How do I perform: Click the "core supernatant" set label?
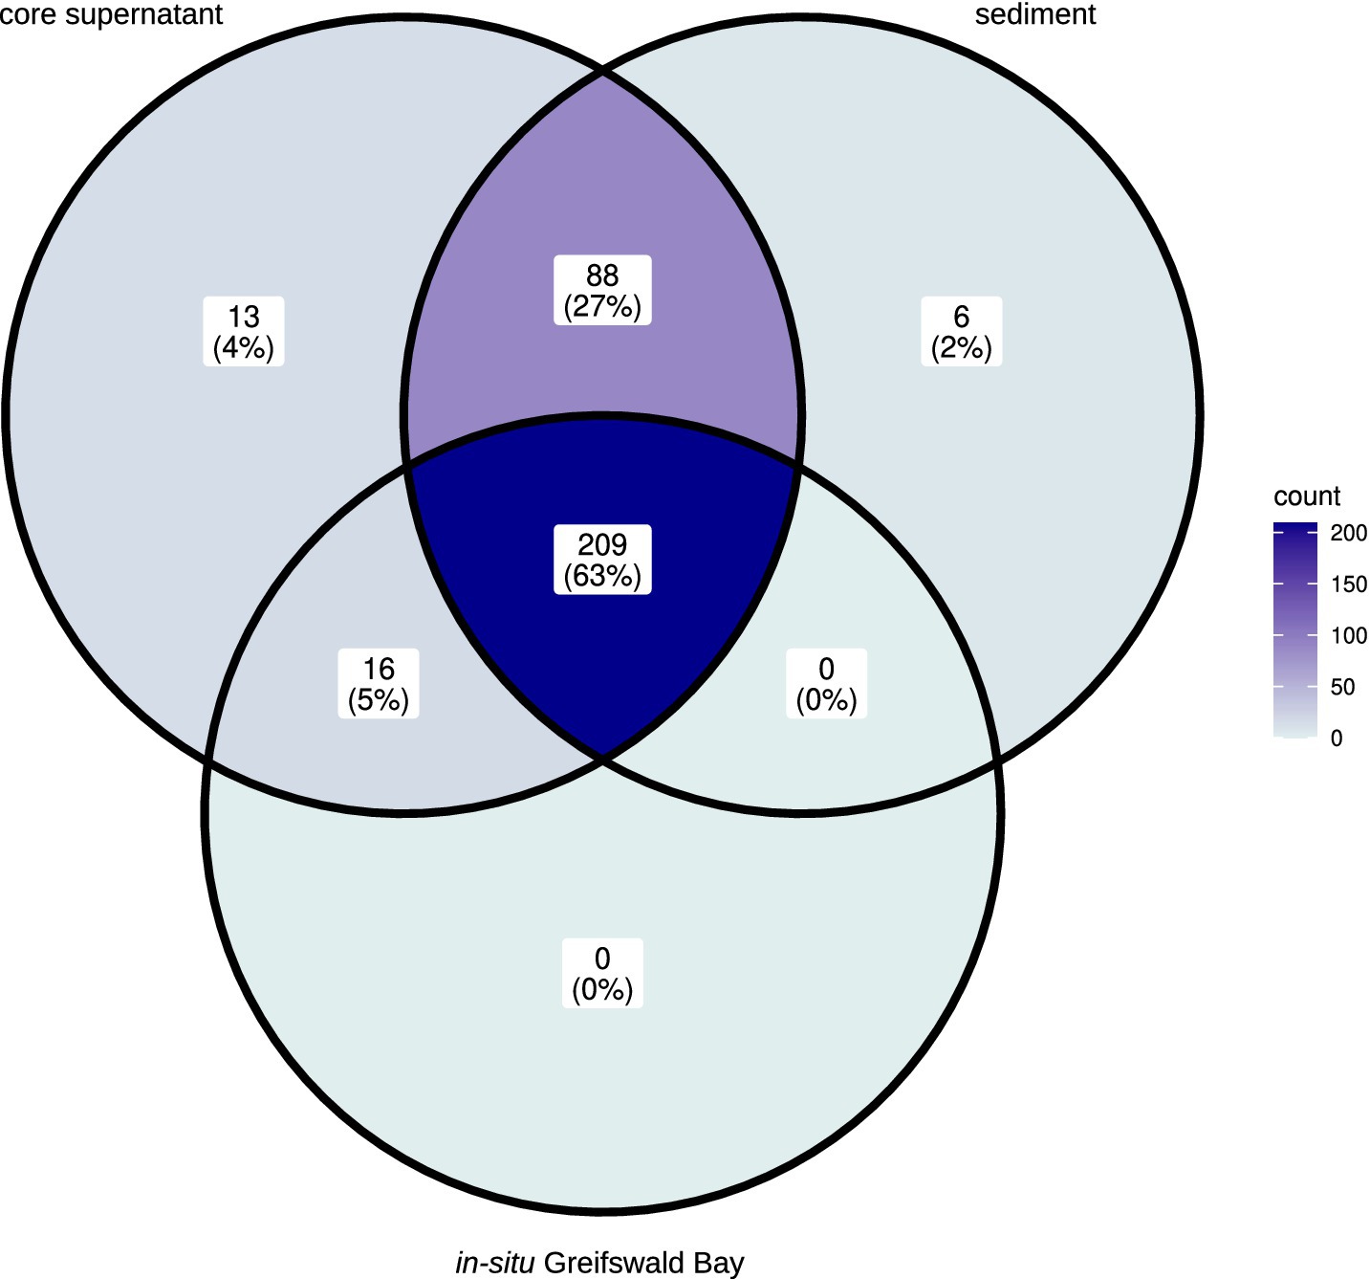tap(111, 14)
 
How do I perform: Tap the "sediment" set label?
tap(1035, 14)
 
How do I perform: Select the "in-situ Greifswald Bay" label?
tap(599, 1263)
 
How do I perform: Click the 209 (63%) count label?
tap(602, 560)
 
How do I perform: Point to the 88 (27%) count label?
tap(602, 291)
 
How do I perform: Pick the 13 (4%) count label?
tap(244, 331)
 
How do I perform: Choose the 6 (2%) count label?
tap(962, 331)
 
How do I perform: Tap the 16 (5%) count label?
tap(379, 684)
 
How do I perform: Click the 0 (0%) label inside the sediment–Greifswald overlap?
tap(826, 684)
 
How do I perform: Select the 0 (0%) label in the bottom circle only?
tap(602, 973)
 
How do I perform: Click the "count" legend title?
tap(1307, 496)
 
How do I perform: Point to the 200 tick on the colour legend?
tap(1349, 533)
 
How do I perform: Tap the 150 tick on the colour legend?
tap(1349, 584)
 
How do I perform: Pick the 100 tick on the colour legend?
tap(1349, 635)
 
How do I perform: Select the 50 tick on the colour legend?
tap(1342, 687)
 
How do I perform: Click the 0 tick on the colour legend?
tap(1337, 739)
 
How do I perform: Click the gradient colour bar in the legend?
tap(1295, 631)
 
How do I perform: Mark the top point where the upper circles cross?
tap(602, 71)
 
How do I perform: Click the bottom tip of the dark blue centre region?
tap(602, 758)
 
